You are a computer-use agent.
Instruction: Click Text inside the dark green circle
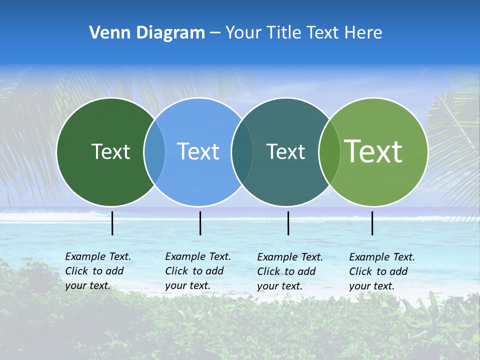(x=110, y=151)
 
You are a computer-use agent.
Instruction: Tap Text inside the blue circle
(x=198, y=151)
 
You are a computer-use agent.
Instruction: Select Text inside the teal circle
(x=285, y=151)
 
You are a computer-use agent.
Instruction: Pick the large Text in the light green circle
(x=373, y=151)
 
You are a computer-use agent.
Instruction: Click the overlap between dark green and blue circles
(x=154, y=152)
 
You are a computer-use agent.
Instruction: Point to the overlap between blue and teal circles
(x=242, y=152)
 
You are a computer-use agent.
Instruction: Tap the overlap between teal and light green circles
(x=329, y=152)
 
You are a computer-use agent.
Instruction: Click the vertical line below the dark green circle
(x=112, y=223)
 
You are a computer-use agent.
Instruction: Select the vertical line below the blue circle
(x=200, y=223)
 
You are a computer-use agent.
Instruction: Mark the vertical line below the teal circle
(x=288, y=223)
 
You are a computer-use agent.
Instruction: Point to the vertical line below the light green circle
(x=372, y=223)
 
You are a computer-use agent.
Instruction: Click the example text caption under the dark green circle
(x=97, y=271)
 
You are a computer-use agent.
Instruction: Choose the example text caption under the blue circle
(x=197, y=271)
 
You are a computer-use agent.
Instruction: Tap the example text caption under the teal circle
(x=289, y=271)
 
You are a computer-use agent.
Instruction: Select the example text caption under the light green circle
(x=381, y=271)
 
